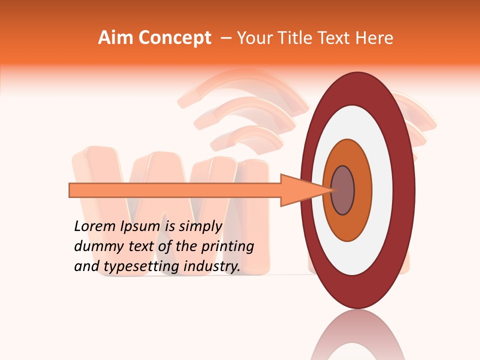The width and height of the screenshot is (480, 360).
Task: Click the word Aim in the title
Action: tap(115, 38)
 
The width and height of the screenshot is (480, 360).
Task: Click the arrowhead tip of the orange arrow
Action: tap(331, 190)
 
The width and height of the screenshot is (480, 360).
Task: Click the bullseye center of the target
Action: tap(343, 190)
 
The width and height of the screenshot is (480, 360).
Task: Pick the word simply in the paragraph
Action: tap(200, 226)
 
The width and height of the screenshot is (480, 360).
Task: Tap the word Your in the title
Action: tap(253, 38)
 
